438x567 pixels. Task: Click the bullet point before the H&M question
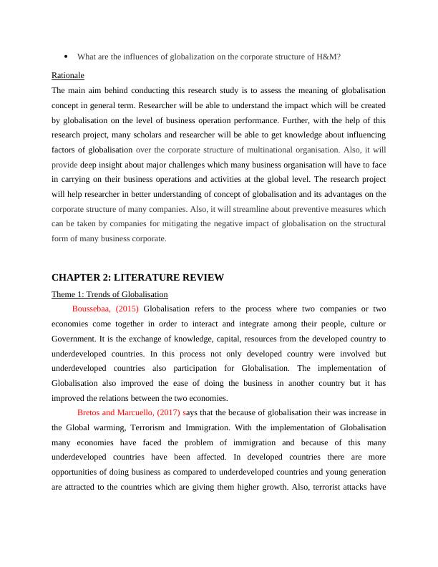pyautogui.click(x=65, y=57)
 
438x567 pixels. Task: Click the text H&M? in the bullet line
pyautogui.click(x=329, y=57)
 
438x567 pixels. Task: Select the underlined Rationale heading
pyautogui.click(x=68, y=75)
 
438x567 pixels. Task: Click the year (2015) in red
pyautogui.click(x=127, y=309)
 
